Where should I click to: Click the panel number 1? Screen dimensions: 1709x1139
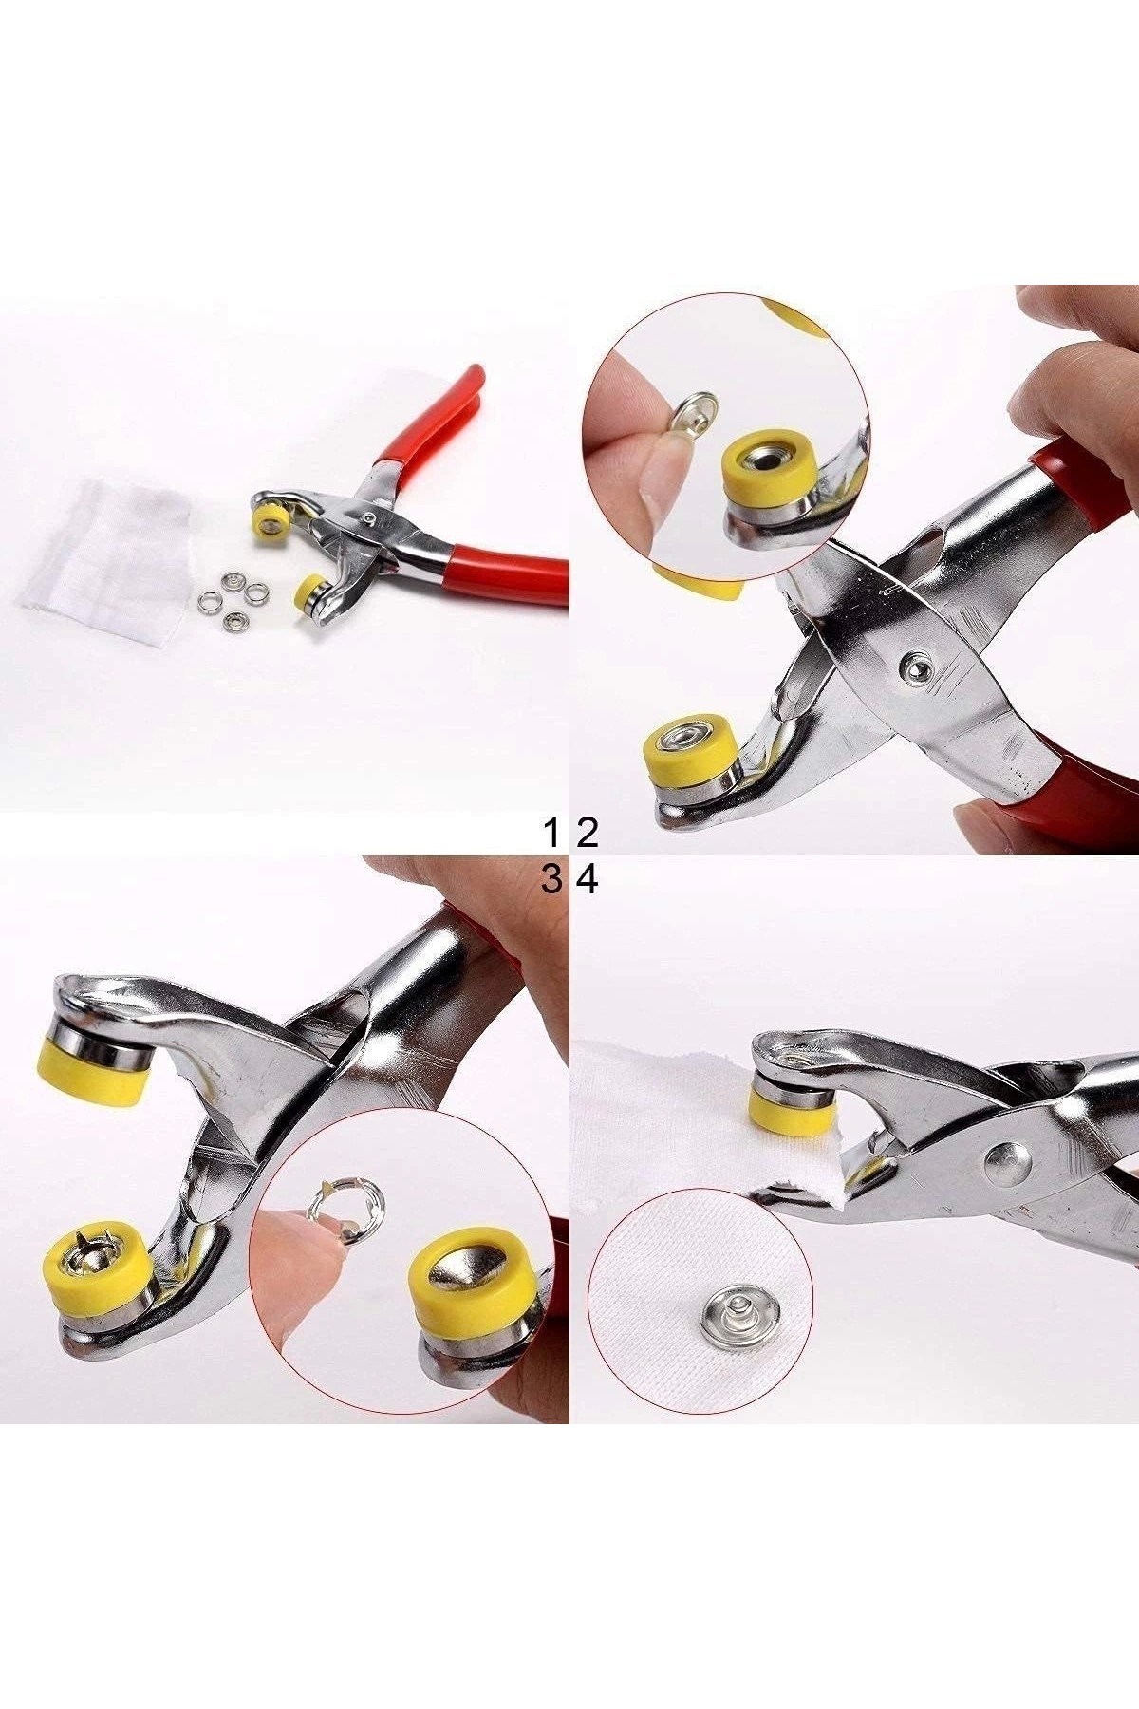pos(551,833)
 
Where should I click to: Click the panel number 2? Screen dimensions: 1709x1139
pos(588,833)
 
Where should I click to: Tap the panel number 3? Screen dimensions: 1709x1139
pos(551,880)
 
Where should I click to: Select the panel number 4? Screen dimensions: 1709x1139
pos(588,880)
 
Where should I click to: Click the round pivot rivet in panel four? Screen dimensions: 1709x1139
pos(1005,1165)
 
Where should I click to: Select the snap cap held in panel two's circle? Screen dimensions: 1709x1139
pos(698,411)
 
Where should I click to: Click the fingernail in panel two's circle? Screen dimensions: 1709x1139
pos(662,496)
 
